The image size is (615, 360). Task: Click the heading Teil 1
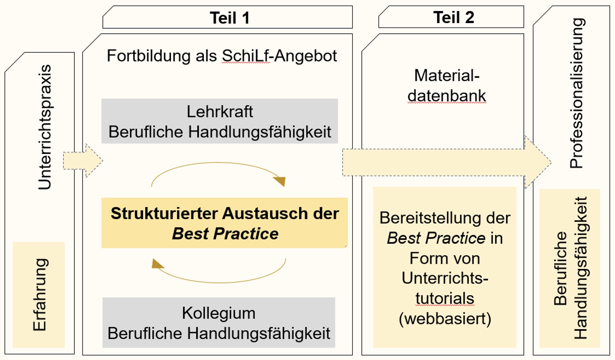[x=229, y=18]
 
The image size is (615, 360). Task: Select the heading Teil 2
[x=454, y=17]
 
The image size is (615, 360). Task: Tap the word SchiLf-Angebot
[x=279, y=56]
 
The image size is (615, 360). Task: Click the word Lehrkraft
[x=220, y=111]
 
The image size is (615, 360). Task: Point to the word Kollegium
[x=218, y=313]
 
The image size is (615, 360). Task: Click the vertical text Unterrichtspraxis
[x=45, y=127]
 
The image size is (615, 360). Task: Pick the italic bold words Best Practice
[x=225, y=234]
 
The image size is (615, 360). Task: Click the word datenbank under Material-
[x=447, y=96]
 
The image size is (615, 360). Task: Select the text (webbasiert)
[x=445, y=319]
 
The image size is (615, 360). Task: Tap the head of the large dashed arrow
[x=538, y=163]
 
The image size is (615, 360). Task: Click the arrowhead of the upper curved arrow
[x=280, y=181]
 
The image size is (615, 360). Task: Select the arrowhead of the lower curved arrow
[x=157, y=264]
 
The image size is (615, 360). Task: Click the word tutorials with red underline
[x=445, y=298]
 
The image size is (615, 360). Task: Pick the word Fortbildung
[x=148, y=56]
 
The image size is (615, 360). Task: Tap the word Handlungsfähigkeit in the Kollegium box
[x=259, y=334]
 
